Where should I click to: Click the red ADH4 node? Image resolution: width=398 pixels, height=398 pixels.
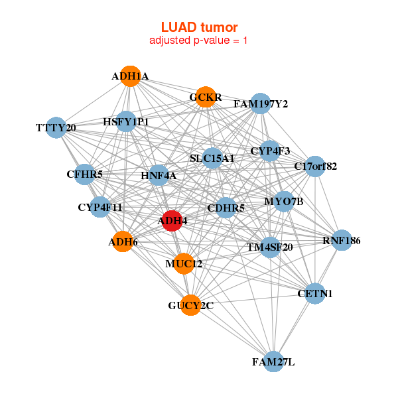172,221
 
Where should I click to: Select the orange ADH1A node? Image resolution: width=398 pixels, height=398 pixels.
131,76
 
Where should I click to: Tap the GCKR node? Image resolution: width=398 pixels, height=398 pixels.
206,98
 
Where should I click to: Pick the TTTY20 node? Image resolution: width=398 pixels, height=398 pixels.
56,127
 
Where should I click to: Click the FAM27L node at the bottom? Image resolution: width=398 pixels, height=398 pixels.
273,362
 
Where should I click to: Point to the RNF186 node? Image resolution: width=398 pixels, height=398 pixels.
341,240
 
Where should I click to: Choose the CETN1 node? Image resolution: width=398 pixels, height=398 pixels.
316,293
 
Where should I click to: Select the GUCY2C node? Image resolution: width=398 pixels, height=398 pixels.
190,305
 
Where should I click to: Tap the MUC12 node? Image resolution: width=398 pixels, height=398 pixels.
184,263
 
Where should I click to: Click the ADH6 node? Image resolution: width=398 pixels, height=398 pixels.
123,242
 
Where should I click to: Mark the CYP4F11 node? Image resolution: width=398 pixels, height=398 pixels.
100,207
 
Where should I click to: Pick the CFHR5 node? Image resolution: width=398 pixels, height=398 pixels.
85,174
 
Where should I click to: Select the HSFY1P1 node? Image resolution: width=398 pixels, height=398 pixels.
126,122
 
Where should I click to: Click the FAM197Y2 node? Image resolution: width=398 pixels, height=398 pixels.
261,104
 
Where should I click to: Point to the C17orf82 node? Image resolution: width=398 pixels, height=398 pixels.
316,166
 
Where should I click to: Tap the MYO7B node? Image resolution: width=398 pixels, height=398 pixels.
283,201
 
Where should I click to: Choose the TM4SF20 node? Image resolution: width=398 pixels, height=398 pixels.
270,247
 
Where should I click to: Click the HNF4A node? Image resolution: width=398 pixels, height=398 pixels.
159,175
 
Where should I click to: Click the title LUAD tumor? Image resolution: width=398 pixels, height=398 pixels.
199,27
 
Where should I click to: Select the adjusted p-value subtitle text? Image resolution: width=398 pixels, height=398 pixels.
199,40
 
